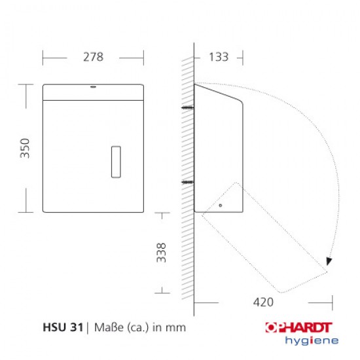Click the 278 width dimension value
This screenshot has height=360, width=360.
93,57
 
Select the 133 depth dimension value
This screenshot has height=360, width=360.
218,57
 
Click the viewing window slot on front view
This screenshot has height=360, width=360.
117,160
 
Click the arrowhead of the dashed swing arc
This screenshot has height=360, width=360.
329,261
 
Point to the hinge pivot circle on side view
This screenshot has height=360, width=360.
221,206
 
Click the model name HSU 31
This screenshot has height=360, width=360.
63,325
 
